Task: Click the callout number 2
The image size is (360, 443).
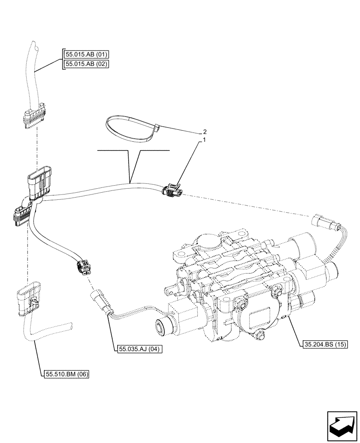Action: coord(204,132)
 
